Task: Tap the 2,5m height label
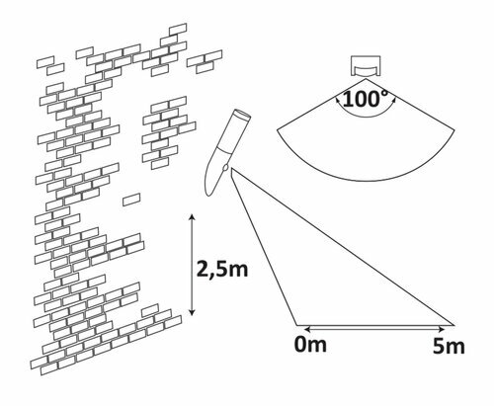(x=221, y=269)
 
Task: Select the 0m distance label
(x=310, y=344)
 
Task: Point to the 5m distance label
(x=449, y=346)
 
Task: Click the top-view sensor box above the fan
(x=366, y=66)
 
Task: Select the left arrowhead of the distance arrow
(x=308, y=329)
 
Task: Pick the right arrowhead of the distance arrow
(x=442, y=329)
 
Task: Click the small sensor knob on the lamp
(x=225, y=167)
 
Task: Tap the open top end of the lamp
(x=241, y=115)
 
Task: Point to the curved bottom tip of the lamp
(x=208, y=195)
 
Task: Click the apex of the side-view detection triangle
(x=232, y=169)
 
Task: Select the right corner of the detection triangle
(x=454, y=325)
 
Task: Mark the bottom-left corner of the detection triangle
(x=296, y=325)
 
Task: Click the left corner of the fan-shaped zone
(x=278, y=130)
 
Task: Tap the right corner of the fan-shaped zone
(x=454, y=130)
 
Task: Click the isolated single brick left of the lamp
(x=131, y=200)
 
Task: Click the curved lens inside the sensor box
(x=366, y=71)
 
